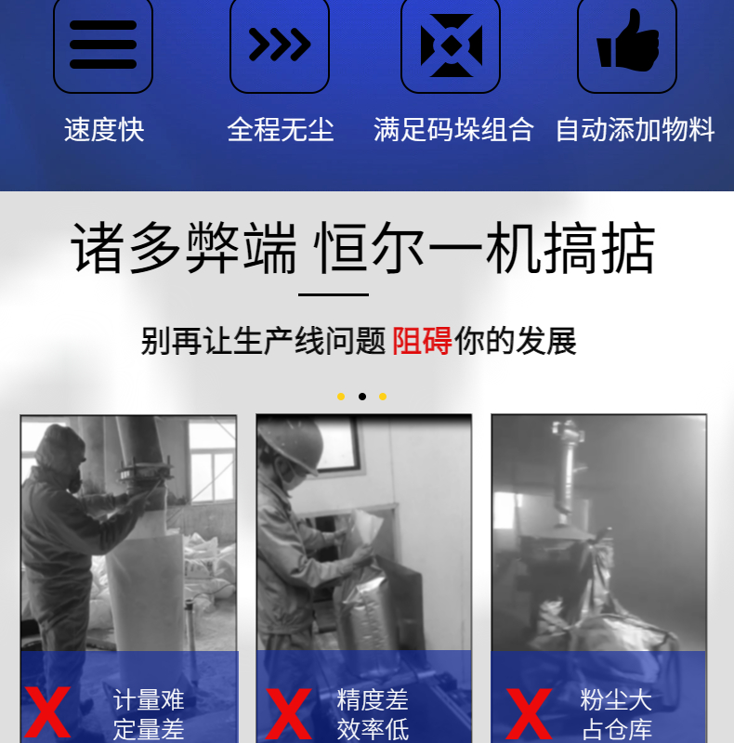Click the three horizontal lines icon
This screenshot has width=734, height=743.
pos(103,45)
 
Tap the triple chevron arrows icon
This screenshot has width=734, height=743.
pos(280,45)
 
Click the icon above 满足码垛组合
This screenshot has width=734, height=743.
pos(452,45)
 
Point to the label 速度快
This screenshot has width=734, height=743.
pos(104,129)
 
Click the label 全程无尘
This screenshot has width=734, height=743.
pos(281,129)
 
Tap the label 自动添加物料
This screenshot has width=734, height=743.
pos(635,129)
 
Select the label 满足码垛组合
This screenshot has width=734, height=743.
pos(453,129)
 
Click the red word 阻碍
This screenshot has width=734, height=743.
pos(422,341)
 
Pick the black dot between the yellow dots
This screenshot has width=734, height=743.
pos(362,397)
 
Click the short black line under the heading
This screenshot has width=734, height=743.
pos(334,294)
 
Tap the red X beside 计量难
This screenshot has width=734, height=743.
pos(47,712)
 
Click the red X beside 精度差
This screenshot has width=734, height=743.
pos(289,713)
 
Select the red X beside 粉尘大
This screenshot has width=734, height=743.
pos(530,713)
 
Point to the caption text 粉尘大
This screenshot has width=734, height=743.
pos(616,700)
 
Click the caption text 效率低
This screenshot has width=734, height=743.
pos(373,730)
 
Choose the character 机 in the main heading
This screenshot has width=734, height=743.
pos(514,248)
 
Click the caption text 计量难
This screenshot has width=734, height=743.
pos(149,700)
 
